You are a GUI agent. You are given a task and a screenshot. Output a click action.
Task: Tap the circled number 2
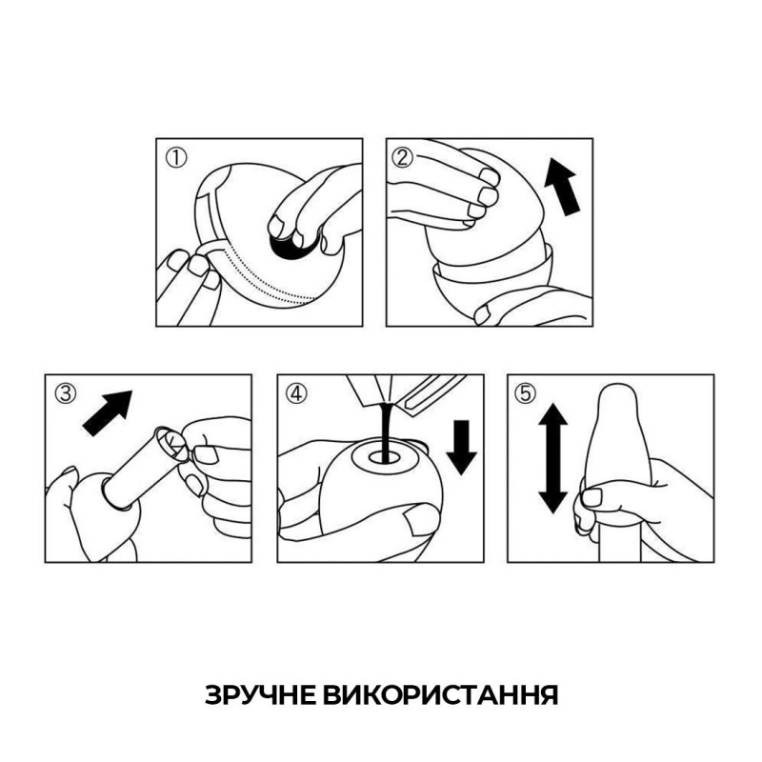pyautogui.click(x=403, y=158)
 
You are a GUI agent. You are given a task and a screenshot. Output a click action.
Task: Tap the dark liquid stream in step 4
pyautogui.click(x=384, y=424)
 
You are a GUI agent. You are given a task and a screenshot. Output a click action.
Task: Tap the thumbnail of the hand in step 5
pyautogui.click(x=592, y=496)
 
